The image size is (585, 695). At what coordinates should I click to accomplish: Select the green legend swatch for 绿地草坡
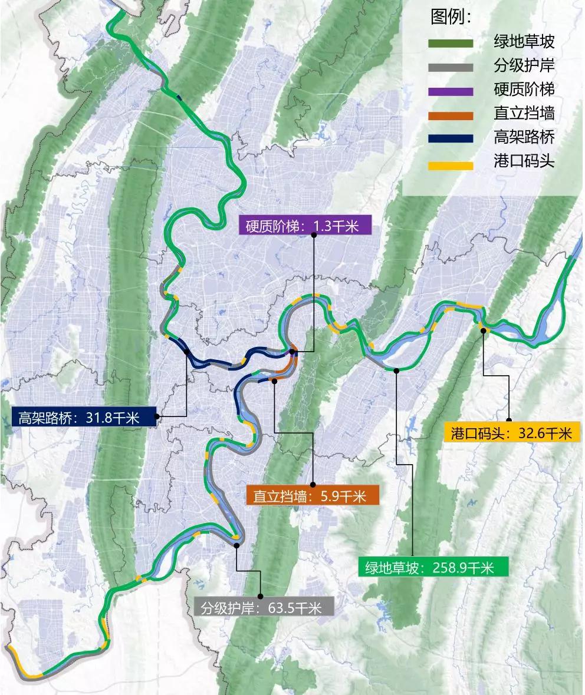click(451, 43)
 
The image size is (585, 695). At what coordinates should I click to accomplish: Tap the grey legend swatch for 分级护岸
click(451, 67)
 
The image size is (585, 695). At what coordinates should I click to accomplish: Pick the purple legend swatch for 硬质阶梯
click(451, 91)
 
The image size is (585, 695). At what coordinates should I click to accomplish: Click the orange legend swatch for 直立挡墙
click(451, 115)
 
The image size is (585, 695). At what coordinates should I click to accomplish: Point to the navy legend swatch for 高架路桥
click(451, 138)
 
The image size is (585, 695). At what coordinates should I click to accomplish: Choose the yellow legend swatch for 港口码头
click(451, 163)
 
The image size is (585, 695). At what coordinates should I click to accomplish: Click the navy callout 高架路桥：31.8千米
click(83, 418)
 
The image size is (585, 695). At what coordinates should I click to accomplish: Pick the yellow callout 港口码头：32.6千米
click(511, 433)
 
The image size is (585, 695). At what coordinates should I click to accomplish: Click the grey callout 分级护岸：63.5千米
click(264, 607)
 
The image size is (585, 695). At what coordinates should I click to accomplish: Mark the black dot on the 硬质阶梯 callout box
click(314, 235)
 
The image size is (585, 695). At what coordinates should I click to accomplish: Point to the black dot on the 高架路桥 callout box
click(157, 416)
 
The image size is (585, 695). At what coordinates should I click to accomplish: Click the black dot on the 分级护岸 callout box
click(260, 596)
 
